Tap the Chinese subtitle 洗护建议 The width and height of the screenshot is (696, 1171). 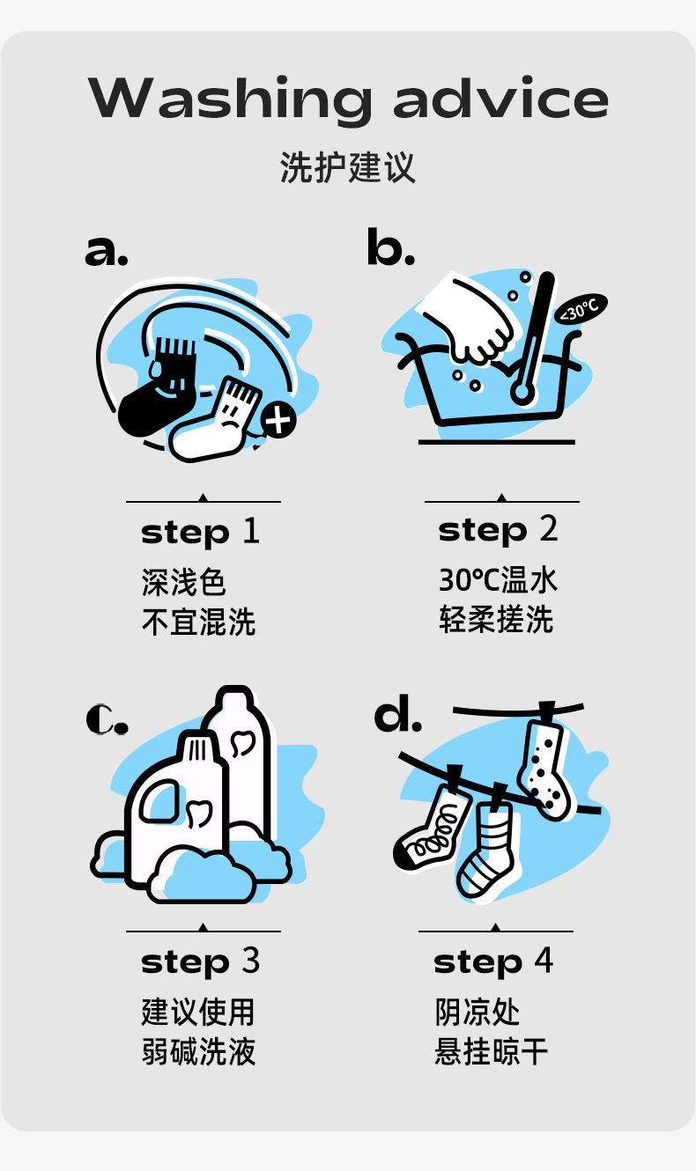click(348, 168)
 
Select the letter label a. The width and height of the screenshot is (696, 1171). click(106, 251)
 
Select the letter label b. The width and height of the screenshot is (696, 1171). click(390, 247)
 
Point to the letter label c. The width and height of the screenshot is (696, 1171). click(107, 718)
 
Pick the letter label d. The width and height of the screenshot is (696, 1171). click(398, 714)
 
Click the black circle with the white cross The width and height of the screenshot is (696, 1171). click(278, 420)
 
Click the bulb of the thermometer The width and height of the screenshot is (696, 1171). click(522, 392)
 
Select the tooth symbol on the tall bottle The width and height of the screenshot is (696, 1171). click(242, 744)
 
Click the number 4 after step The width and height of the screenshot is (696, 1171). click(544, 961)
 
